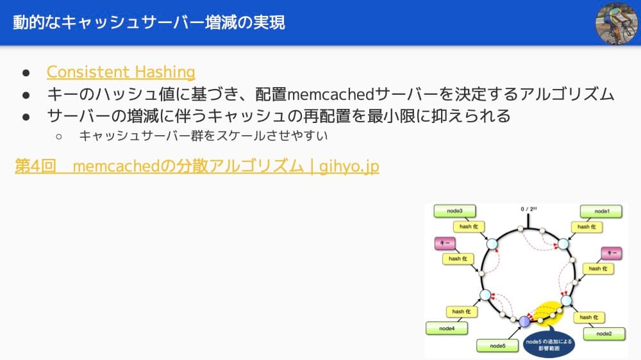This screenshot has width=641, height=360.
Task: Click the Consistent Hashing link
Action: [x=121, y=72]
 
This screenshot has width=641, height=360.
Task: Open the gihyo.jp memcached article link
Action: [x=197, y=167]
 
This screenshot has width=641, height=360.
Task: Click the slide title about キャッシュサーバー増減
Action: [x=149, y=23]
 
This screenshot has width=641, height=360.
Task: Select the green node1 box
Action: [x=602, y=211]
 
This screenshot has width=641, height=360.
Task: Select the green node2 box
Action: [x=603, y=334]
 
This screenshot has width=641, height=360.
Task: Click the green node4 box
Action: [x=447, y=328]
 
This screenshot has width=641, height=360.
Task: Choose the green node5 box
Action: [x=497, y=346]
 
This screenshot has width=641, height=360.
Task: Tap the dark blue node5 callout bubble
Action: [x=549, y=345]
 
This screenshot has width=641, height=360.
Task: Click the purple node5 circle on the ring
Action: [x=524, y=321]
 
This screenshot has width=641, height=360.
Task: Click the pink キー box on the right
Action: [x=612, y=253]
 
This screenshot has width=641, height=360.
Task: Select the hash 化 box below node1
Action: [x=587, y=227]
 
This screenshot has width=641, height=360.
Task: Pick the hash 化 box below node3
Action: [x=469, y=226]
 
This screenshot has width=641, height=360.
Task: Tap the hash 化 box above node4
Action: [x=462, y=311]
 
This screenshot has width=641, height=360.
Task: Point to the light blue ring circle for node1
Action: [x=563, y=244]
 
